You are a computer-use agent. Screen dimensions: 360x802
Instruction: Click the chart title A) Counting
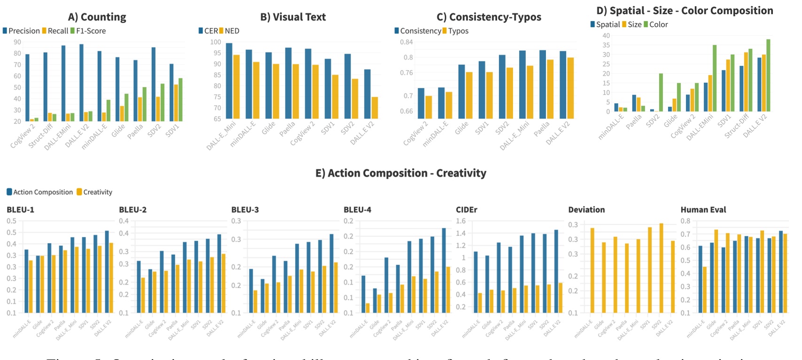coord(97,17)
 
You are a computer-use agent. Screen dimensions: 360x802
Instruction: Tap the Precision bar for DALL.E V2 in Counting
coord(81,82)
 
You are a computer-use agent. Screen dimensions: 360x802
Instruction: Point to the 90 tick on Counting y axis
coord(17,42)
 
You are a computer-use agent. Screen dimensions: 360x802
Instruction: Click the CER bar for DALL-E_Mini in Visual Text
coord(229,81)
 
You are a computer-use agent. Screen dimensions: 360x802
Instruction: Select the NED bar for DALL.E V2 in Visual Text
coord(374,108)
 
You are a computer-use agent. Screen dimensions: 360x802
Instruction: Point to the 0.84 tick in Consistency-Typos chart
coord(406,42)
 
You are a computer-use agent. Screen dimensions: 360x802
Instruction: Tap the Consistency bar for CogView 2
coord(421,103)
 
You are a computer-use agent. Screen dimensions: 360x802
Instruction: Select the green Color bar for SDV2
coord(661,93)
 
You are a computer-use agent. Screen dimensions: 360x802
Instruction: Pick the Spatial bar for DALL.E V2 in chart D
coord(759,85)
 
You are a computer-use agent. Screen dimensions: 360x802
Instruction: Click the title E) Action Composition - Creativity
coord(401,173)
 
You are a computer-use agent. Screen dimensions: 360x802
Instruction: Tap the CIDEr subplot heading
coord(466,210)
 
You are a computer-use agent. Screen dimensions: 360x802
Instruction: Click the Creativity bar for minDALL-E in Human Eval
coord(705,290)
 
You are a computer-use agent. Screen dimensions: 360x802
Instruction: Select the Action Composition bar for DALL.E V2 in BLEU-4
coord(444,271)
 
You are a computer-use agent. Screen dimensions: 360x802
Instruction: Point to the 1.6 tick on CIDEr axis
coord(461,221)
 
